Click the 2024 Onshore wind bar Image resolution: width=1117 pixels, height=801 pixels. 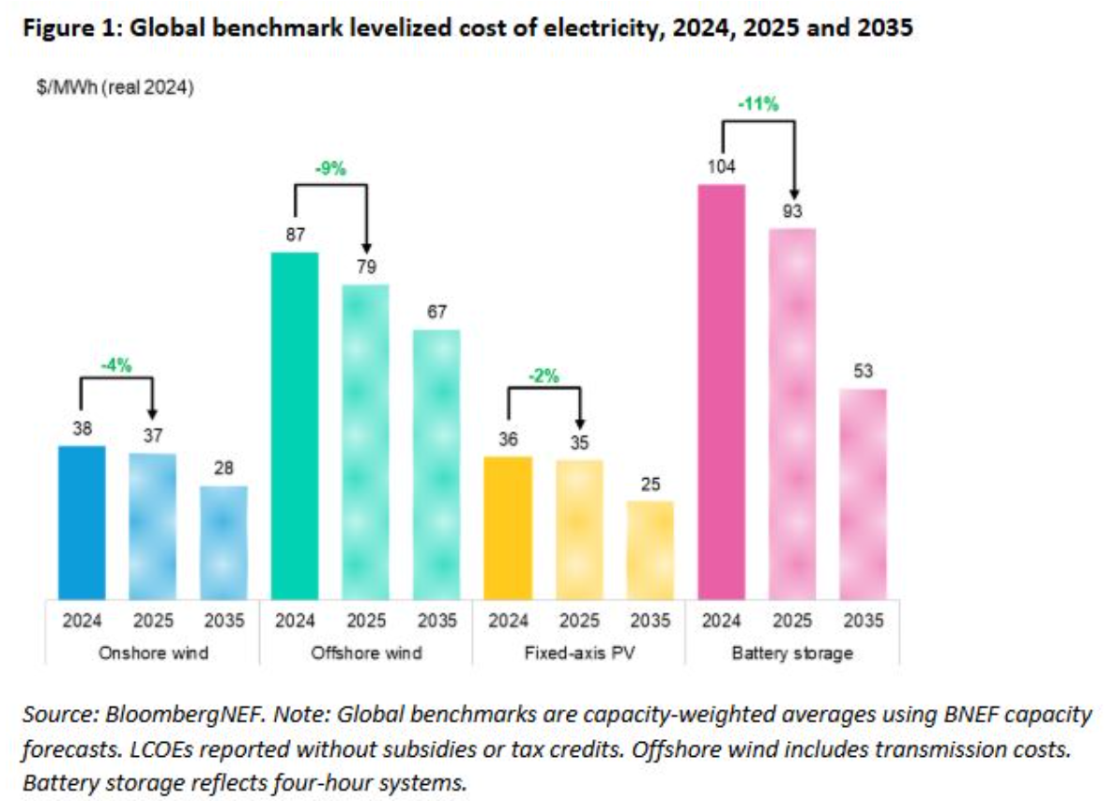[82, 522]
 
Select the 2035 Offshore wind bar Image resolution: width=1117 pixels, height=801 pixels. [436, 464]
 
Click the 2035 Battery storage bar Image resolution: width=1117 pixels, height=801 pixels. [863, 493]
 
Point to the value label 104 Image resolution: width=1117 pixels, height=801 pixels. [721, 167]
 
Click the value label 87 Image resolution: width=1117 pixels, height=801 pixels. [295, 235]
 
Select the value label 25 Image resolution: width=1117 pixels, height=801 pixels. [650, 484]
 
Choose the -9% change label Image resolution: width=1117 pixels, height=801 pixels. [330, 169]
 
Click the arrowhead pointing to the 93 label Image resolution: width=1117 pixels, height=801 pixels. [793, 189]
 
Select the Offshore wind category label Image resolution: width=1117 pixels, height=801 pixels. [366, 653]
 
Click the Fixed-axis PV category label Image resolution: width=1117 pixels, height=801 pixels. [578, 653]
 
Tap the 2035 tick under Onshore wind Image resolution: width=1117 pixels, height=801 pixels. [223, 621]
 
